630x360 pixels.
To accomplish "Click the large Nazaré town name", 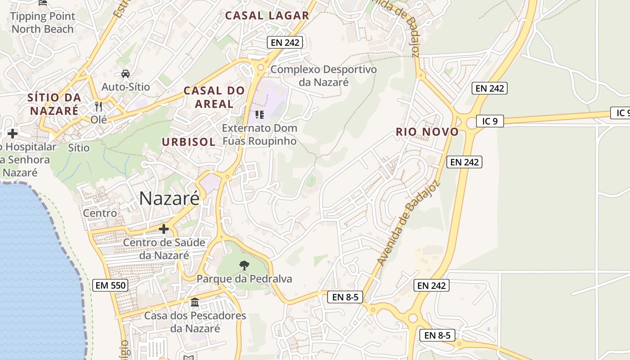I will coord(169,198).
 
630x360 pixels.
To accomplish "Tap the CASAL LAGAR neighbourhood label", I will coord(267,15).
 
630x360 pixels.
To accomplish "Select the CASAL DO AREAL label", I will coord(214,97).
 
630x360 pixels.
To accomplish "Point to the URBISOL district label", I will coord(189,142).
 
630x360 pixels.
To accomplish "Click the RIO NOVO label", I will coord(427,132).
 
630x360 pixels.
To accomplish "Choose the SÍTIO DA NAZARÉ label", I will coord(54,104).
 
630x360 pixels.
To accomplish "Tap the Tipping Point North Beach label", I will coord(42,22).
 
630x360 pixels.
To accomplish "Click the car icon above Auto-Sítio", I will coord(126,73).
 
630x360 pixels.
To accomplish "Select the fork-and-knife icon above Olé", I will coord(99,107).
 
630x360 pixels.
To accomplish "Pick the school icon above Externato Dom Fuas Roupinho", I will coord(259,115).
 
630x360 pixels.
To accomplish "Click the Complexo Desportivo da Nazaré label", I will coord(324,76).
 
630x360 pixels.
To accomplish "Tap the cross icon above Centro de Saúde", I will coord(164,229).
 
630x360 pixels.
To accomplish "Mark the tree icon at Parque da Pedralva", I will coord(244,265).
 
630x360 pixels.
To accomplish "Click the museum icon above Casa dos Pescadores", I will coord(195,302).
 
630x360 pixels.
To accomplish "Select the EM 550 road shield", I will coord(110,285).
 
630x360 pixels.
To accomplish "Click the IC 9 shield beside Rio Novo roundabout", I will coord(490,121).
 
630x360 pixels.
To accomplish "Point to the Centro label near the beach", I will coord(100,213).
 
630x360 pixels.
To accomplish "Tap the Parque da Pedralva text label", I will coord(244,279).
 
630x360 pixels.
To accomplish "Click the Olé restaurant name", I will coord(99,120).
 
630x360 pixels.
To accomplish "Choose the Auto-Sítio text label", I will coord(126,86).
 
